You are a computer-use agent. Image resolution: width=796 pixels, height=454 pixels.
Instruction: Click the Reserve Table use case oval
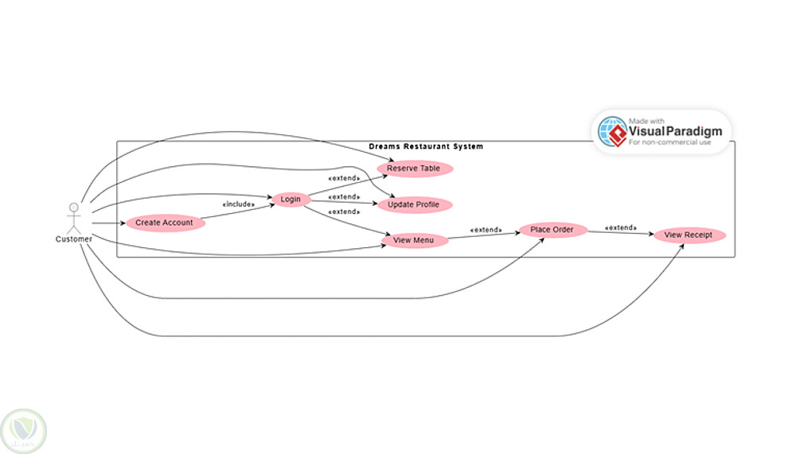(413, 169)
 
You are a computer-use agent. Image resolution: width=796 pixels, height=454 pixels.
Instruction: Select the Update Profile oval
(413, 205)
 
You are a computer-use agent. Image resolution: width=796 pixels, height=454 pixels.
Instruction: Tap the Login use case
(291, 200)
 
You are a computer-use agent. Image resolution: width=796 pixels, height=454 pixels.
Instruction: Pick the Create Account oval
(164, 223)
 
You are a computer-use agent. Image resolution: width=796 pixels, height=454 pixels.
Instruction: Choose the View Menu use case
(414, 241)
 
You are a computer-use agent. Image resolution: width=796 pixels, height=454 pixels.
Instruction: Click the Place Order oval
(552, 231)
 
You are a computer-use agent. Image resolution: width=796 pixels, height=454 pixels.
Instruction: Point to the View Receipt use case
(689, 235)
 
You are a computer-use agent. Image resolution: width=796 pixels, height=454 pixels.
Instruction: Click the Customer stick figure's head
(74, 208)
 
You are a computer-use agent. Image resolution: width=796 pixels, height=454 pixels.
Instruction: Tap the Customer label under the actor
(74, 239)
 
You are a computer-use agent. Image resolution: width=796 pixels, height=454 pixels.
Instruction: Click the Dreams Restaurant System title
(426, 147)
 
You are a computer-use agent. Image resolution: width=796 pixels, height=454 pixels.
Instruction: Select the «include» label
(238, 204)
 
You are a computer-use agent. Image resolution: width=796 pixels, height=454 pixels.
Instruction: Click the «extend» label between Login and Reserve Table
(344, 178)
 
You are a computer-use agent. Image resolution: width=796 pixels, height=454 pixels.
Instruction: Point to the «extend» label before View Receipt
(621, 228)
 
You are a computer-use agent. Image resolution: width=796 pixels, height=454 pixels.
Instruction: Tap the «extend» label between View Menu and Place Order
(486, 230)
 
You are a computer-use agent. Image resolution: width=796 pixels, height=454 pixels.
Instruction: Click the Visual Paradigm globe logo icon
(612, 131)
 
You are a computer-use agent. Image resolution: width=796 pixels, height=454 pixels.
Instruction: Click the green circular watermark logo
(23, 430)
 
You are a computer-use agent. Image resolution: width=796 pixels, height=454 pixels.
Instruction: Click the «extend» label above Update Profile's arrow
(344, 196)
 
